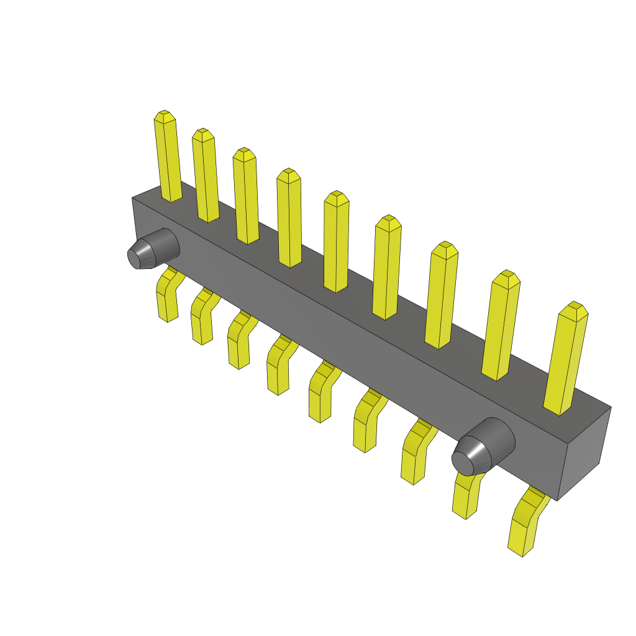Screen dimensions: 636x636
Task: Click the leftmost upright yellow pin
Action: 168,158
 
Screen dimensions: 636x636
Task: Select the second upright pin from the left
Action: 206,177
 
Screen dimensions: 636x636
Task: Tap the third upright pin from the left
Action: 246,198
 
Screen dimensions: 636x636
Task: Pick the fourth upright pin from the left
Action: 289,219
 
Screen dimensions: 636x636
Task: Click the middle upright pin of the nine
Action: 336,243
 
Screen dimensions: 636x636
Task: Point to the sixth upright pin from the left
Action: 386,268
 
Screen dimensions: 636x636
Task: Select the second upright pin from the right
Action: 501,326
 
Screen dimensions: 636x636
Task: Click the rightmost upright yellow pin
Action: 565,359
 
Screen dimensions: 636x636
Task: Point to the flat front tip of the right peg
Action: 463,461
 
